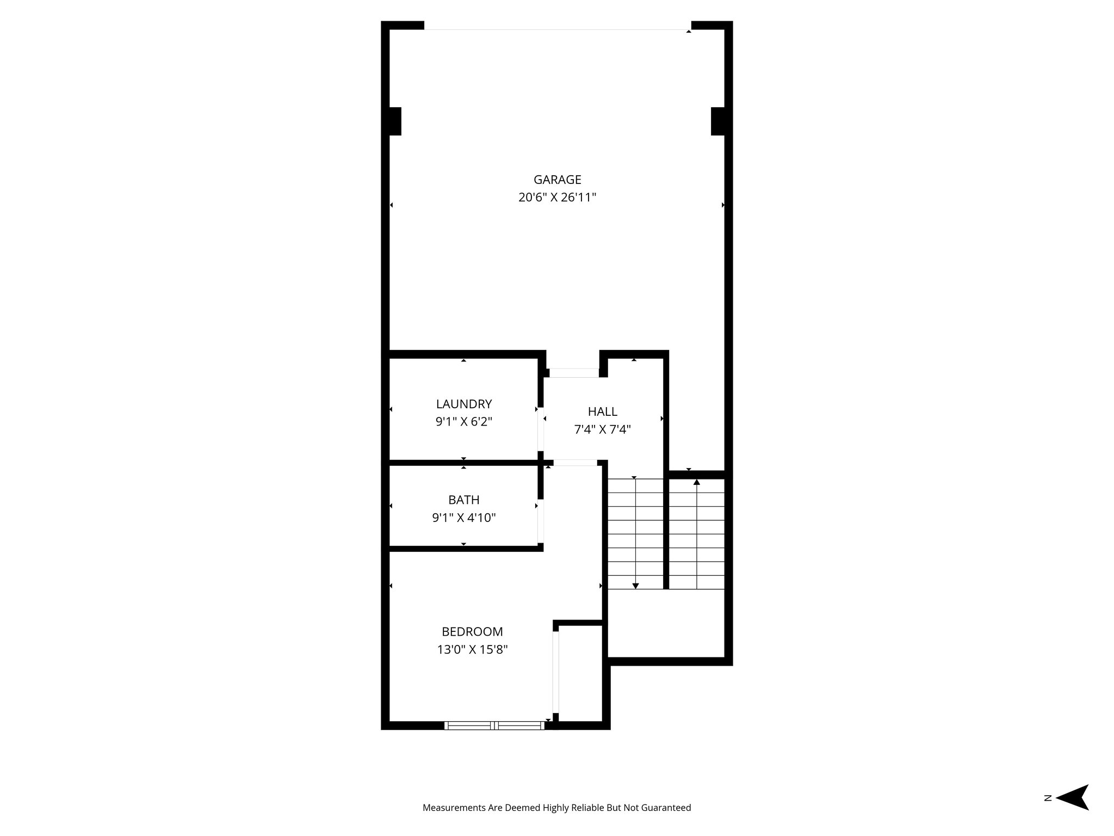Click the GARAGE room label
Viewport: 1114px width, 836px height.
pos(557,180)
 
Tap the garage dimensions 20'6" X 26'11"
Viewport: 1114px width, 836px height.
pos(557,198)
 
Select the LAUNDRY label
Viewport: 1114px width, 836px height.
pos(463,404)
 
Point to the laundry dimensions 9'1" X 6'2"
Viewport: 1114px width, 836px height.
pos(463,422)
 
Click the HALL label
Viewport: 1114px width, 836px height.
pos(602,411)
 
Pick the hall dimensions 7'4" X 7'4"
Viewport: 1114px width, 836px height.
pos(602,429)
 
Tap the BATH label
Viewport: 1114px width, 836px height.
pos(463,500)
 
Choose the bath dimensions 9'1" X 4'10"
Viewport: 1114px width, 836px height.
pos(463,518)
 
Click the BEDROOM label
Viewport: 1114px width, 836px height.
pos(472,631)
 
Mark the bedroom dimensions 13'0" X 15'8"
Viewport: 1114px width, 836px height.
pos(472,649)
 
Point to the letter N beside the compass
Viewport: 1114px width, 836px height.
pos(1047,813)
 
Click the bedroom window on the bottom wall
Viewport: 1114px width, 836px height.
pos(494,725)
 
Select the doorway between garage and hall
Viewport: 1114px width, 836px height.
pos(573,373)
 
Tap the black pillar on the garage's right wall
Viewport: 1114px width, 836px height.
pos(718,121)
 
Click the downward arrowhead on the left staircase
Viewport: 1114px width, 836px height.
pos(635,585)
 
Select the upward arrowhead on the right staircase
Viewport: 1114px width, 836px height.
pos(697,482)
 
